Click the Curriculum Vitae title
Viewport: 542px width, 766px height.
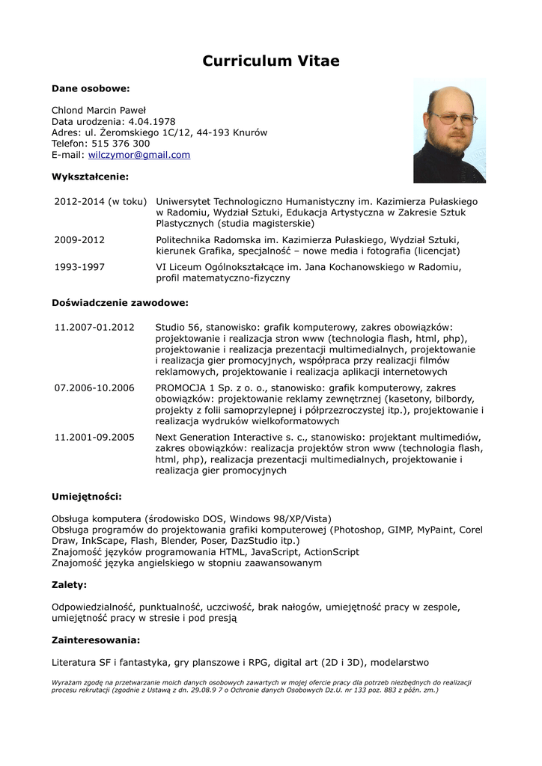pyautogui.click(x=271, y=61)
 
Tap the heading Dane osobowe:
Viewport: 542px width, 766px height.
pyautogui.click(x=91, y=88)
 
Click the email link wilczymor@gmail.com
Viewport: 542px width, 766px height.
pyautogui.click(x=139, y=155)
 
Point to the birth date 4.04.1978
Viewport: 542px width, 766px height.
pyautogui.click(x=152, y=121)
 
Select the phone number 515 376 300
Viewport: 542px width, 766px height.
pyautogui.click(x=121, y=144)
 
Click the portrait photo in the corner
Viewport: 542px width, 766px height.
pyautogui.click(x=449, y=130)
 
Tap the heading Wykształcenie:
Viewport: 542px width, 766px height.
pyautogui.click(x=90, y=177)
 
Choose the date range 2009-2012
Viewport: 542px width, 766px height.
pyautogui.click(x=79, y=239)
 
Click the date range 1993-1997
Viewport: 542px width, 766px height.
pyautogui.click(x=79, y=266)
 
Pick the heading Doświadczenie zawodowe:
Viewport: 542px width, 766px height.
pyautogui.click(x=120, y=303)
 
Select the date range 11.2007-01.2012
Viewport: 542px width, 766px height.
pyautogui.click(x=94, y=327)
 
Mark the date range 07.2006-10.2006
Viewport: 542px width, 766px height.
pyautogui.click(x=94, y=387)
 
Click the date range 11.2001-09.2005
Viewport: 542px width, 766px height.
pyautogui.click(x=94, y=437)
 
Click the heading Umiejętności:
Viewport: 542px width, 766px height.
pyautogui.click(x=86, y=497)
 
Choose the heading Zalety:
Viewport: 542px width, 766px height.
pyautogui.click(x=69, y=584)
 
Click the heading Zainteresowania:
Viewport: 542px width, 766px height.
pyautogui.click(x=96, y=640)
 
